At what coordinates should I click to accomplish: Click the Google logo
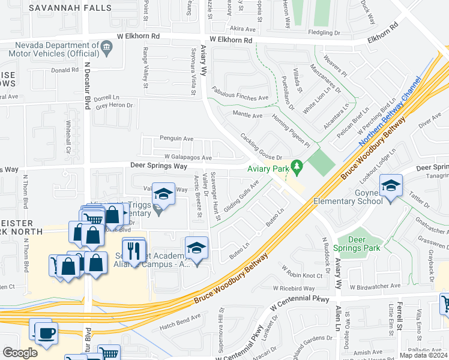click(20, 353)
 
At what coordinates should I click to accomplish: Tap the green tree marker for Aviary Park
click(296, 165)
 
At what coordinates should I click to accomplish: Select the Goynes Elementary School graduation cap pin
click(391, 186)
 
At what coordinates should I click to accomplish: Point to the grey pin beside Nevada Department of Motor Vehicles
click(106, 46)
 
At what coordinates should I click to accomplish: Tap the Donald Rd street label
click(65, 70)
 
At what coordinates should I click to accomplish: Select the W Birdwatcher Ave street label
click(375, 287)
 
